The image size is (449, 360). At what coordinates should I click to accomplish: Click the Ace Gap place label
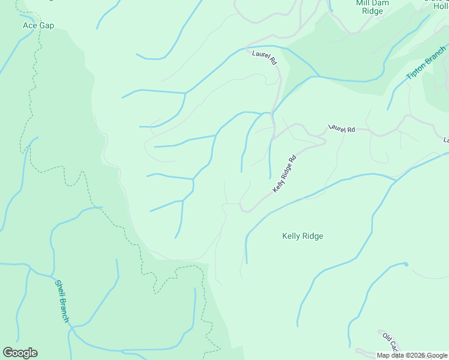click(x=38, y=25)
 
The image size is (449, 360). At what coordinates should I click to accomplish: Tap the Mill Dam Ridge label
click(x=372, y=7)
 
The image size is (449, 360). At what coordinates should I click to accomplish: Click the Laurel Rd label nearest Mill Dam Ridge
click(x=264, y=58)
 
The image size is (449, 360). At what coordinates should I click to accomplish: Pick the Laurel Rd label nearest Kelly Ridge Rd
click(x=342, y=129)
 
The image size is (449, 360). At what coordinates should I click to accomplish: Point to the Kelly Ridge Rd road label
click(x=285, y=174)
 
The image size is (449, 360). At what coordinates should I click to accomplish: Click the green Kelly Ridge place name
click(x=303, y=236)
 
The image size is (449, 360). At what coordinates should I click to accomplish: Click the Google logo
click(x=20, y=353)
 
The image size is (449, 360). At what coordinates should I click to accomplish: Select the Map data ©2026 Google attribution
click(x=412, y=355)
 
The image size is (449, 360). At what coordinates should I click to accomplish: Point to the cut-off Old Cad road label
click(x=391, y=342)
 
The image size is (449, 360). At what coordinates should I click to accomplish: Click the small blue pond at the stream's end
click(x=406, y=263)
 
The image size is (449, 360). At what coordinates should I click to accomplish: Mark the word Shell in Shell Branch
click(x=59, y=289)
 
